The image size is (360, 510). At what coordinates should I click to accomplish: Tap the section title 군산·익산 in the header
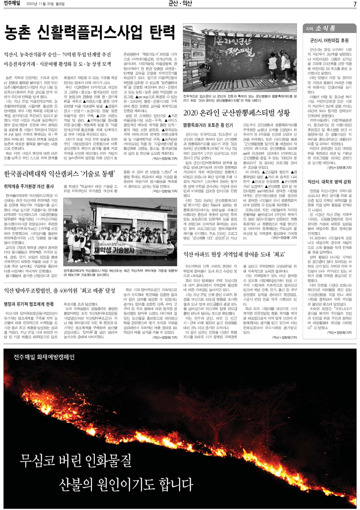[180, 5]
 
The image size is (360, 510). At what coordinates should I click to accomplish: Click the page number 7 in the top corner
[355, 5]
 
